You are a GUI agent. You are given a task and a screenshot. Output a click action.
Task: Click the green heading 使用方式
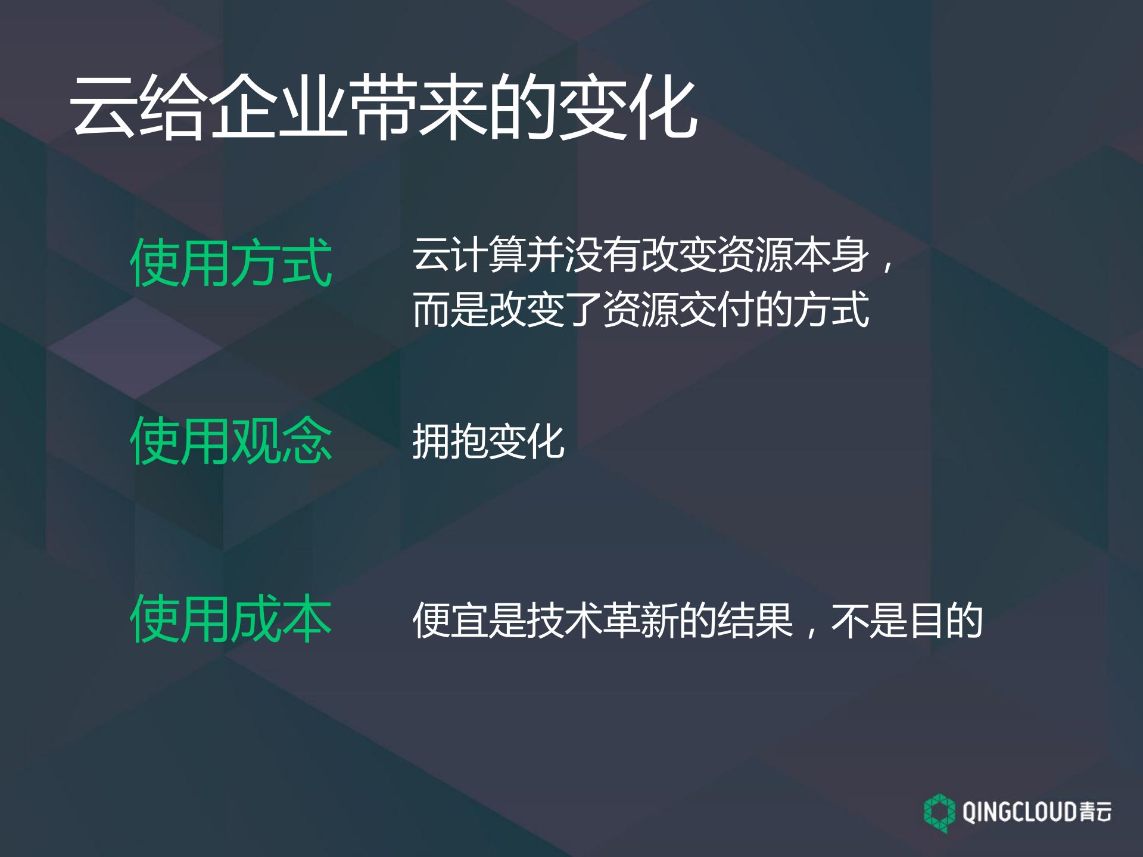pos(231,263)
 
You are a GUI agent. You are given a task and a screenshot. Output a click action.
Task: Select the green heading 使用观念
pos(231,441)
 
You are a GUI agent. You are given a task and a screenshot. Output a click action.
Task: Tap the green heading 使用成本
pos(231,619)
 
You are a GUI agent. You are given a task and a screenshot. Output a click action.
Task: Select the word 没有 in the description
pos(602,255)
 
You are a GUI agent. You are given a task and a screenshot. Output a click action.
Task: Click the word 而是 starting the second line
pos(450,310)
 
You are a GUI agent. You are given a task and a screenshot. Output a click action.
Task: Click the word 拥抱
pos(450,442)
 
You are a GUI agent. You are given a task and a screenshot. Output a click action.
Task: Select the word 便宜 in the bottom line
pos(450,621)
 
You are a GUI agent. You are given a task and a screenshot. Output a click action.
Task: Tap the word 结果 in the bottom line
pos(755,621)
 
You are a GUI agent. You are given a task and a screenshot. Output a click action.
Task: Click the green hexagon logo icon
pos(939,812)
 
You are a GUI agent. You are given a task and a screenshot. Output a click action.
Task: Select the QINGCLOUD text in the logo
pos(1019,812)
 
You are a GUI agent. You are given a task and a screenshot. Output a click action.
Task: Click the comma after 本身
pos(887,265)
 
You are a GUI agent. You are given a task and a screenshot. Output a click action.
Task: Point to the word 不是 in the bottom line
pos(870,621)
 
